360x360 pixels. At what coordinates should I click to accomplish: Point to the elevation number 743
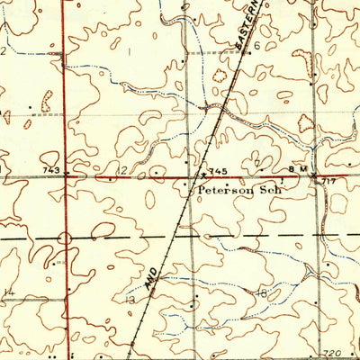50,170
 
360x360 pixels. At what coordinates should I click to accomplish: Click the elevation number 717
330,182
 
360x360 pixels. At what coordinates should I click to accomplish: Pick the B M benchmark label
297,169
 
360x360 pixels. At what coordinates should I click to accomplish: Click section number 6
256,44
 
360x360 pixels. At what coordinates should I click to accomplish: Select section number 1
129,52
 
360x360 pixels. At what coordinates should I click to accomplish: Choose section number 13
130,299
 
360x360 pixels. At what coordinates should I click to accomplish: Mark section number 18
262,293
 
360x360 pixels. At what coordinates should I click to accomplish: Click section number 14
8,292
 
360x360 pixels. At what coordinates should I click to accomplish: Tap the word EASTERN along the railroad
248,24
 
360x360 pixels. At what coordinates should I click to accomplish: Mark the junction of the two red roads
65,177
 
